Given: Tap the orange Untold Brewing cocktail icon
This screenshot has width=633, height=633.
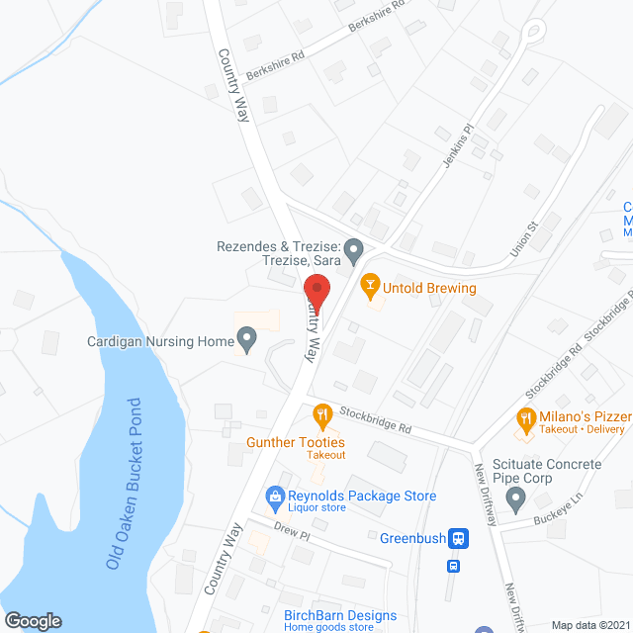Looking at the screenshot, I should click(370, 288).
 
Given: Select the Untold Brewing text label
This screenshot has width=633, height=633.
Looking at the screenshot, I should click(431, 289).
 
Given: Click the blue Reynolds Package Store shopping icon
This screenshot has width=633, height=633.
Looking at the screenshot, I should click(273, 496).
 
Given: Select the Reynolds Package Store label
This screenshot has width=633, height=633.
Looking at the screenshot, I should click(362, 496).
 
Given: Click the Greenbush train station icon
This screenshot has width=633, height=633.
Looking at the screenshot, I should click(459, 539).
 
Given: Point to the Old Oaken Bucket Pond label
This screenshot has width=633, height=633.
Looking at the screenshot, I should click(137, 482).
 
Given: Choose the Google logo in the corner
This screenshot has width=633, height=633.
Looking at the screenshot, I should click(34, 620).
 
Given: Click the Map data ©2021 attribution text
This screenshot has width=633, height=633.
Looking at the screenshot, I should click(589, 625).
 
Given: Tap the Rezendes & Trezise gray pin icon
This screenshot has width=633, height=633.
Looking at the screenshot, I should click(353, 247).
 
